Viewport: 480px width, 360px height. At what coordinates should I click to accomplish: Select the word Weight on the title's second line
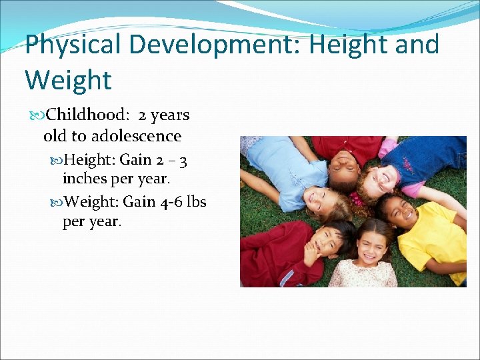pos(68,80)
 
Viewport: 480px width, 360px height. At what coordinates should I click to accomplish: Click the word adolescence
pos(136,137)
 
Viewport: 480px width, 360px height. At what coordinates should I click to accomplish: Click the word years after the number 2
pos(171,115)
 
